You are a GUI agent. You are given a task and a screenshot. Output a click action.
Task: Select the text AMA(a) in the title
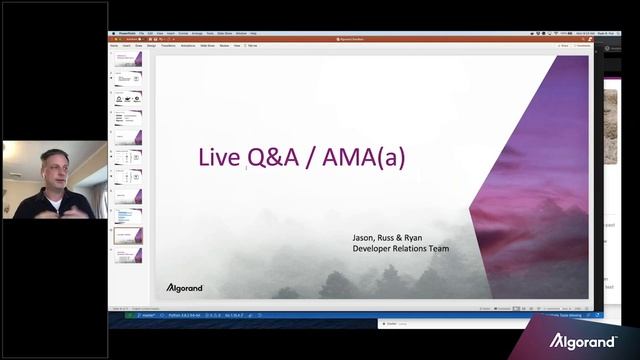364,157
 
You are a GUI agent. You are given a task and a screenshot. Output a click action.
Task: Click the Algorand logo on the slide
184,288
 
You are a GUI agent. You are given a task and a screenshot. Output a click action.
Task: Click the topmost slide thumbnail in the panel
128,58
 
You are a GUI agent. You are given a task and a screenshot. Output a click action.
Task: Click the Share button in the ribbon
564,45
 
